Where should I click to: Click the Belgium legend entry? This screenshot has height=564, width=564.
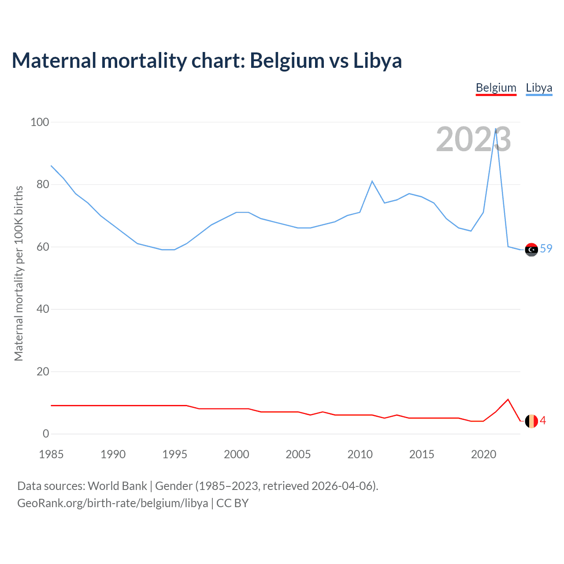point(496,88)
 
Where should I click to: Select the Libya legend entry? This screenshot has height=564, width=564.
point(539,88)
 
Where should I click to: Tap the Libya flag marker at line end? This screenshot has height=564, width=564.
point(531,249)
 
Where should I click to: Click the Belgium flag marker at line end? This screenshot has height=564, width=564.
point(531,421)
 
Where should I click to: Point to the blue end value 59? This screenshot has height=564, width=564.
point(546,249)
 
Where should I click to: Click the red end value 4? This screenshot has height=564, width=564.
point(543,421)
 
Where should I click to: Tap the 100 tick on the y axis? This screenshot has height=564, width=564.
point(40,122)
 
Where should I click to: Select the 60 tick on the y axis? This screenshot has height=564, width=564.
point(43,247)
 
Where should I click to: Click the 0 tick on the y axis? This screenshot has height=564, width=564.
point(46,434)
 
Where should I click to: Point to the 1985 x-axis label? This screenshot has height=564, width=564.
point(51,454)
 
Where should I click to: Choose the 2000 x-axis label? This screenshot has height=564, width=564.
point(237,454)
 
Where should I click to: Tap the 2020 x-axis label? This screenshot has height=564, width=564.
point(483,454)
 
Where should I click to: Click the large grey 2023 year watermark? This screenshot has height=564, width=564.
point(473,140)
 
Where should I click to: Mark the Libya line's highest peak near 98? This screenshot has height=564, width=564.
point(496,129)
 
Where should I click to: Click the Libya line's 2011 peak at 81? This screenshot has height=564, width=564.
point(372,181)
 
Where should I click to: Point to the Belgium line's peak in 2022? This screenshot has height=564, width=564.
point(508,400)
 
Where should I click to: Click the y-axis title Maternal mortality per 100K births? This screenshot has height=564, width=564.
point(19,273)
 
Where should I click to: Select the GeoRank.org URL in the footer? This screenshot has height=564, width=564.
point(112,503)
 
